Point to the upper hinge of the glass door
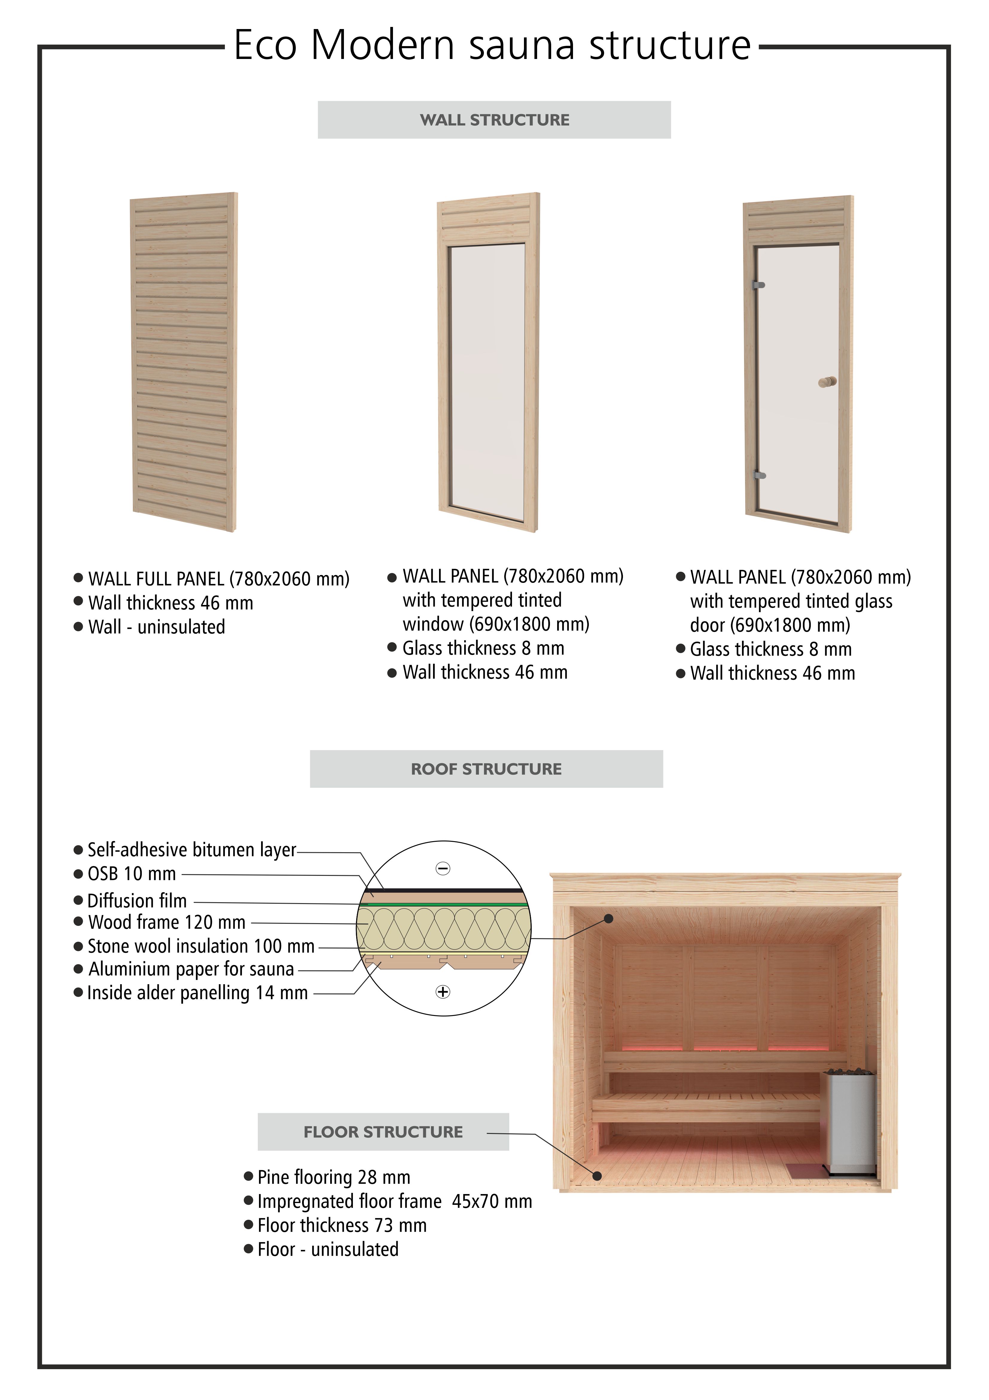[759, 285]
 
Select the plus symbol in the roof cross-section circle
[443, 992]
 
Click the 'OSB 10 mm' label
[132, 874]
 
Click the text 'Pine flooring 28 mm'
[333, 1177]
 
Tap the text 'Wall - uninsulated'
[157, 627]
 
